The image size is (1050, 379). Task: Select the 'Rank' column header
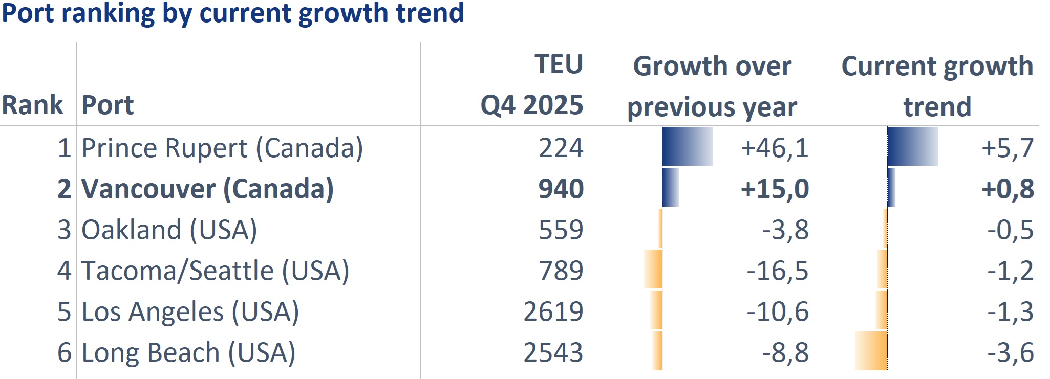(x=32, y=105)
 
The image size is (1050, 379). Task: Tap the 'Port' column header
(x=108, y=105)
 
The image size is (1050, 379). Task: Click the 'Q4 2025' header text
(x=531, y=105)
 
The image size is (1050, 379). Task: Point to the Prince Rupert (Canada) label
(x=222, y=148)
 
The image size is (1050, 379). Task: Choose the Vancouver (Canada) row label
(x=207, y=189)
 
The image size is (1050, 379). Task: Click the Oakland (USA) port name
(x=169, y=230)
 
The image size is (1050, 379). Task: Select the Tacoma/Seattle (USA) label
(x=215, y=271)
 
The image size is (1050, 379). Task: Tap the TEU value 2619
(x=553, y=311)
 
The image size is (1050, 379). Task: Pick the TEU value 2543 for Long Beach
(x=553, y=352)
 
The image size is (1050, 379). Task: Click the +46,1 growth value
(x=775, y=148)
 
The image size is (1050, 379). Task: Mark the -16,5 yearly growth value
(x=777, y=271)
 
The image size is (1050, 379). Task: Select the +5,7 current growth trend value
(x=1007, y=148)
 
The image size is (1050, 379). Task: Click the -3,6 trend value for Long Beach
(x=1010, y=352)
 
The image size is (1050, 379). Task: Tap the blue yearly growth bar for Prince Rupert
(x=687, y=146)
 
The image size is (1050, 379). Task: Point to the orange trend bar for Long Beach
(x=871, y=351)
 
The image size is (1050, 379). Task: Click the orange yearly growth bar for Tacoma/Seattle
(x=653, y=269)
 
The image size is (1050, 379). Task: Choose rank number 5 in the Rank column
(x=64, y=311)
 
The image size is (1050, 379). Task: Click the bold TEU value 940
(x=561, y=189)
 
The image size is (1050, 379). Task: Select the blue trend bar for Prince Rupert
(x=912, y=146)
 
